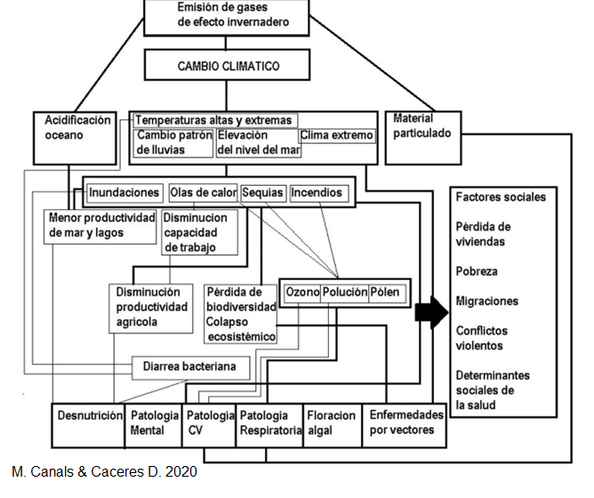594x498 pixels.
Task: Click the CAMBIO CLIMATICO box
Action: tap(229, 66)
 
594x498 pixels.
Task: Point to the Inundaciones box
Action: tap(124, 193)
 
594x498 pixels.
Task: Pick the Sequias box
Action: tap(263, 193)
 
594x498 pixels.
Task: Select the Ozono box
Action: tap(301, 293)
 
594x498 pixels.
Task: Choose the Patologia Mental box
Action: tap(152, 423)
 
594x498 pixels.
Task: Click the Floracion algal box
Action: tap(331, 423)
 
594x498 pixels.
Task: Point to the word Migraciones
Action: tap(486, 301)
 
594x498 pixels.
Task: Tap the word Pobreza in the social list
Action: tap(477, 271)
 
